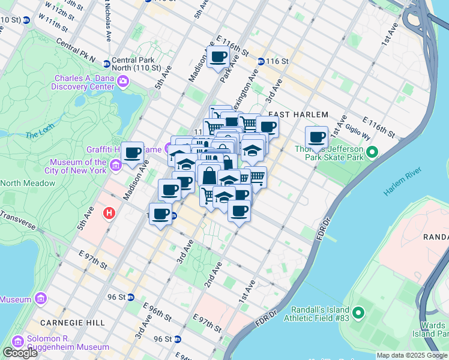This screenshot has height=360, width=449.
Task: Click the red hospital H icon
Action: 109,213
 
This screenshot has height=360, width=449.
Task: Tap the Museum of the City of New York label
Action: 78,166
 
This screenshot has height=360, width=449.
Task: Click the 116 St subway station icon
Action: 261,61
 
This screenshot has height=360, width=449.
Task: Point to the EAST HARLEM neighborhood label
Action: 298,115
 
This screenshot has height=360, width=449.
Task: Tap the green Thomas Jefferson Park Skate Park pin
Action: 372,153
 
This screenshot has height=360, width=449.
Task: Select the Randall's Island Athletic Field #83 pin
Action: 358,313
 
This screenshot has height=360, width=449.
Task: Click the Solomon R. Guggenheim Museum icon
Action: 17,342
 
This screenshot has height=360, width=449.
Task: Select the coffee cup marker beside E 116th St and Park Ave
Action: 218,58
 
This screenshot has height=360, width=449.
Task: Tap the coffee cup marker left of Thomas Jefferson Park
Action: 316,137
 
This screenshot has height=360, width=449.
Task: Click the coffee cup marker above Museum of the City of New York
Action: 133,152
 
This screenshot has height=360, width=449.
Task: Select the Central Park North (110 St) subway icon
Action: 106,64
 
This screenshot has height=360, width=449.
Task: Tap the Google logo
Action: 20,353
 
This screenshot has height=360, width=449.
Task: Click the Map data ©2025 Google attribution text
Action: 411,355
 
